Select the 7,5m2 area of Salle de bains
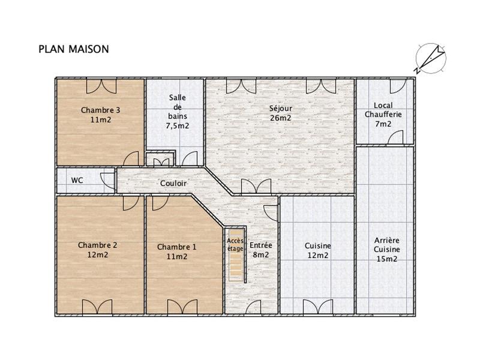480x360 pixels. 177,126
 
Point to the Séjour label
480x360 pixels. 280,109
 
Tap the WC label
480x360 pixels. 77,180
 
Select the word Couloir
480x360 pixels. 173,184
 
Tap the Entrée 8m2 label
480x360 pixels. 260,250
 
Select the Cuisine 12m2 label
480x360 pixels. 317,250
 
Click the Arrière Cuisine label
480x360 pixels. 386,249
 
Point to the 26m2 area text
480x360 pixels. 280,118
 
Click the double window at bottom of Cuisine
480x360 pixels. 317,307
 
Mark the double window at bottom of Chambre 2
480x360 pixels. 97,307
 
